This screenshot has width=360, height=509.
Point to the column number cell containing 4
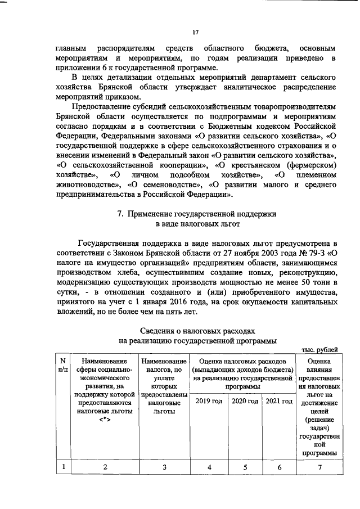click(x=209, y=466)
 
